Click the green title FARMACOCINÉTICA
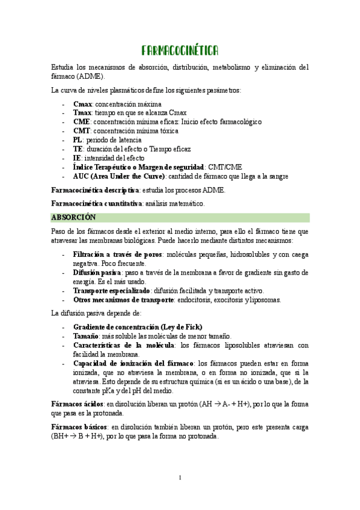[x=180, y=50]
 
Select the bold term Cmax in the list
[x=83, y=104]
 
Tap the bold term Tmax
[x=83, y=112]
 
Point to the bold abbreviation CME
[x=81, y=121]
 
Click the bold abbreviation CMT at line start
[x=82, y=131]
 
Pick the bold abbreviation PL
[x=78, y=140]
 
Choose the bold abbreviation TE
[x=78, y=149]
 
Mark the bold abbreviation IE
[x=76, y=158]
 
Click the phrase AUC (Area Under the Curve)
[x=118, y=176]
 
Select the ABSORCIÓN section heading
[x=74, y=217]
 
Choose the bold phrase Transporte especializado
[x=111, y=290]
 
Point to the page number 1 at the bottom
[x=180, y=477]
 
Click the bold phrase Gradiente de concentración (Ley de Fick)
[x=138, y=327]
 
